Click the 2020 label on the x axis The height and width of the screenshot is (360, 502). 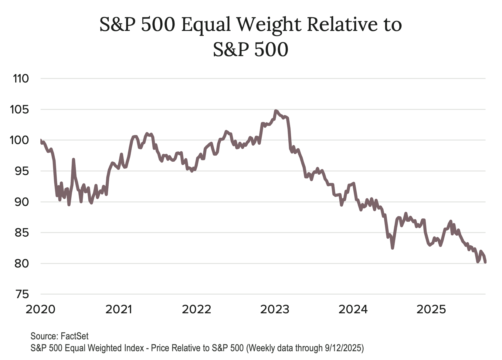pos(41,310)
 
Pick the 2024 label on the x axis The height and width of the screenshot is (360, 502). pos(353,310)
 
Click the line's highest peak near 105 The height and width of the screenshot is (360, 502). pos(276,111)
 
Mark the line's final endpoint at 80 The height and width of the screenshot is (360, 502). pos(486,262)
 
